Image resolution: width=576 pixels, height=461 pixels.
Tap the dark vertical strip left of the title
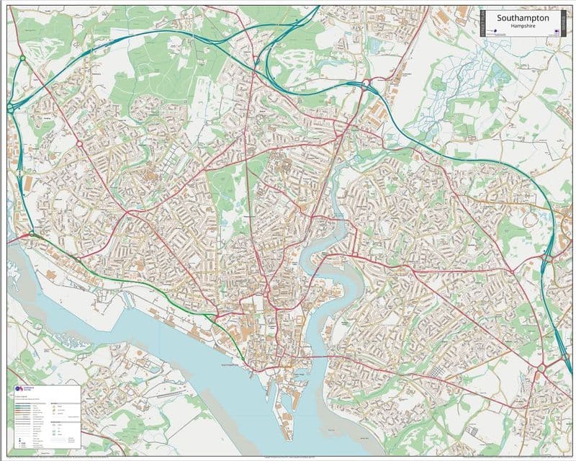[x=481, y=23]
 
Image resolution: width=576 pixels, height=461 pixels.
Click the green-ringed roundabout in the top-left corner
[x=22, y=58]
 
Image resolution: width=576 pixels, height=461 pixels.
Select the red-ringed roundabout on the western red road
[x=79, y=143]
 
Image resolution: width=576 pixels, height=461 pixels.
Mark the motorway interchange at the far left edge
[x=11, y=107]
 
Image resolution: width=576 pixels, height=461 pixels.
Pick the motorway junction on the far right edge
[x=549, y=257]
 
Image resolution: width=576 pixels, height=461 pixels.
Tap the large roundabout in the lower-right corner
[x=541, y=369]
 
